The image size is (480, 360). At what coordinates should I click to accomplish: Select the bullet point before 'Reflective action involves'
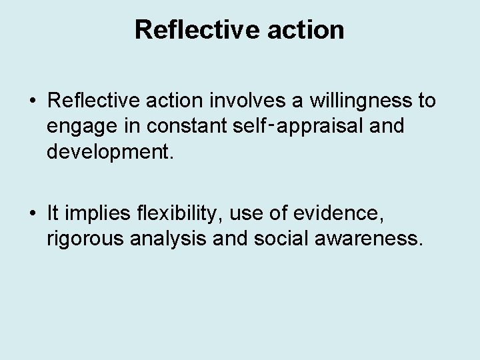click(x=33, y=102)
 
